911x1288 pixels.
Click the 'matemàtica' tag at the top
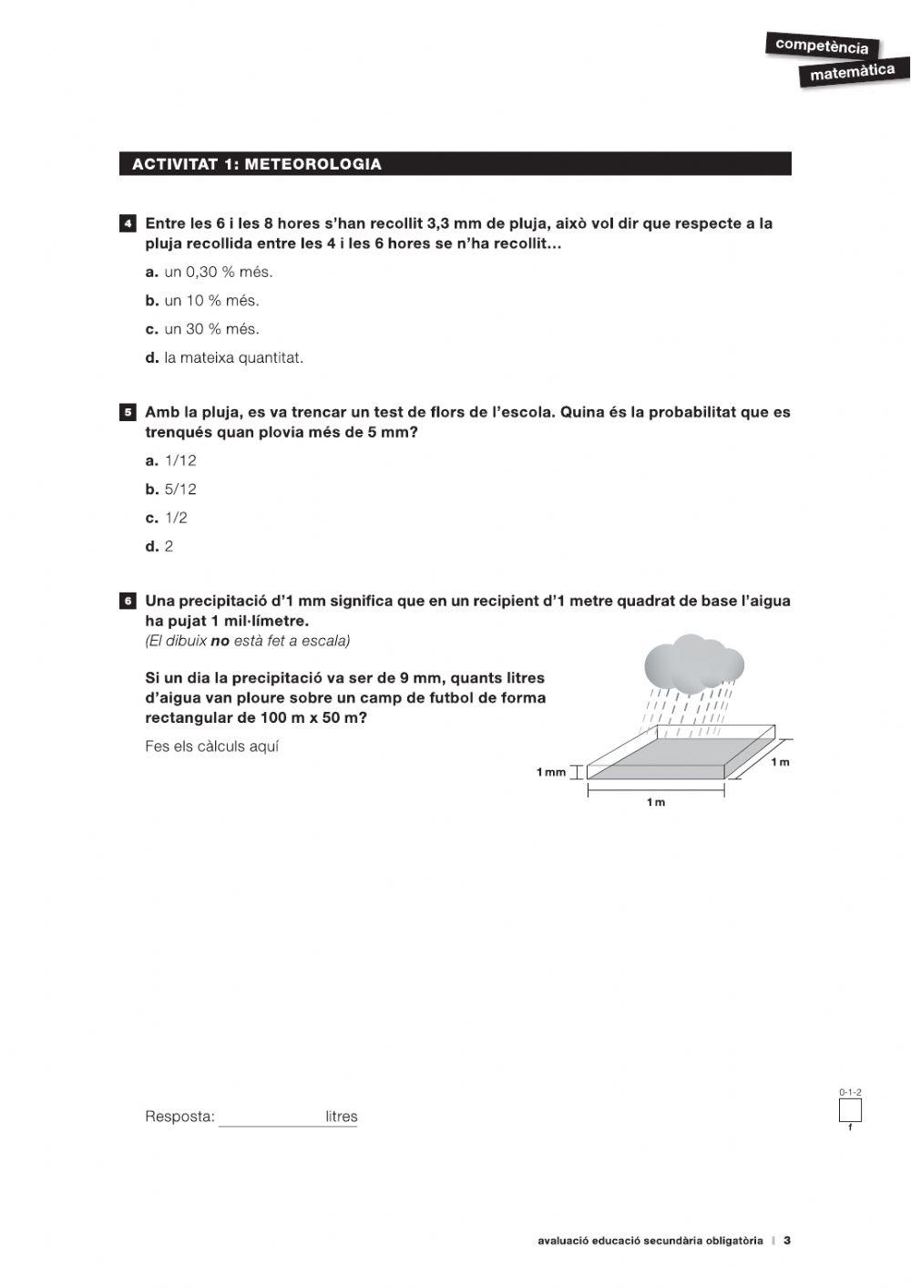pos(852,72)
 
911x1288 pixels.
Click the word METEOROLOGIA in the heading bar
pos(312,164)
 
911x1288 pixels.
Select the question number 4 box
pos(128,223)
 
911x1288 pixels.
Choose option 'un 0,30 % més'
pos(218,272)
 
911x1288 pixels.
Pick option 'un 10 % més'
pos(211,300)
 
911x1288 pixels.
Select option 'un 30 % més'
pos(211,329)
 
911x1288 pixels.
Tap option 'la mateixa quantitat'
pos(233,357)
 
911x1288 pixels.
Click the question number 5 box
pos(128,412)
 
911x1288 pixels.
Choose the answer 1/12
pos(179,460)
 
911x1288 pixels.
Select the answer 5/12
pos(179,489)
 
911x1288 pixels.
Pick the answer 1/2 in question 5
pos(175,518)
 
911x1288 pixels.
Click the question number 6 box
pos(128,601)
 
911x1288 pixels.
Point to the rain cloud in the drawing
pos(692,664)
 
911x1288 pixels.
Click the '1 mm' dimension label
pos(550,772)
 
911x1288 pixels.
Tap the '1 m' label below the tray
pos(655,802)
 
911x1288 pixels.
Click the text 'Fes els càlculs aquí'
pos(211,747)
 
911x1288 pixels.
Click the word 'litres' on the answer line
pos(341,1117)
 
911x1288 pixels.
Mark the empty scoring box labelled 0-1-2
pos(849,1111)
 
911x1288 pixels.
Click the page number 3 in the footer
pos(787,1240)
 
